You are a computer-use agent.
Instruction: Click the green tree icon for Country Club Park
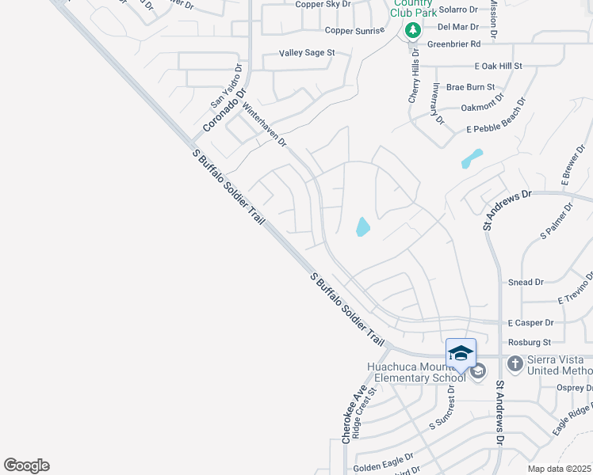tap(412, 31)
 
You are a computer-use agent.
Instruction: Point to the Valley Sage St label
tap(307, 53)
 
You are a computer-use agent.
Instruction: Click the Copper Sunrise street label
tap(354, 30)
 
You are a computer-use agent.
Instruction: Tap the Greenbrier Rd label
tap(453, 44)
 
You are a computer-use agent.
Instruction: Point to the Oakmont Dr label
tap(482, 106)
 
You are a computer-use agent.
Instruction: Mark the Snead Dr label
tap(526, 282)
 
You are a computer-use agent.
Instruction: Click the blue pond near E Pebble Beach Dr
tap(472, 158)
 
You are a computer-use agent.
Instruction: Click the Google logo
tap(26, 465)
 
